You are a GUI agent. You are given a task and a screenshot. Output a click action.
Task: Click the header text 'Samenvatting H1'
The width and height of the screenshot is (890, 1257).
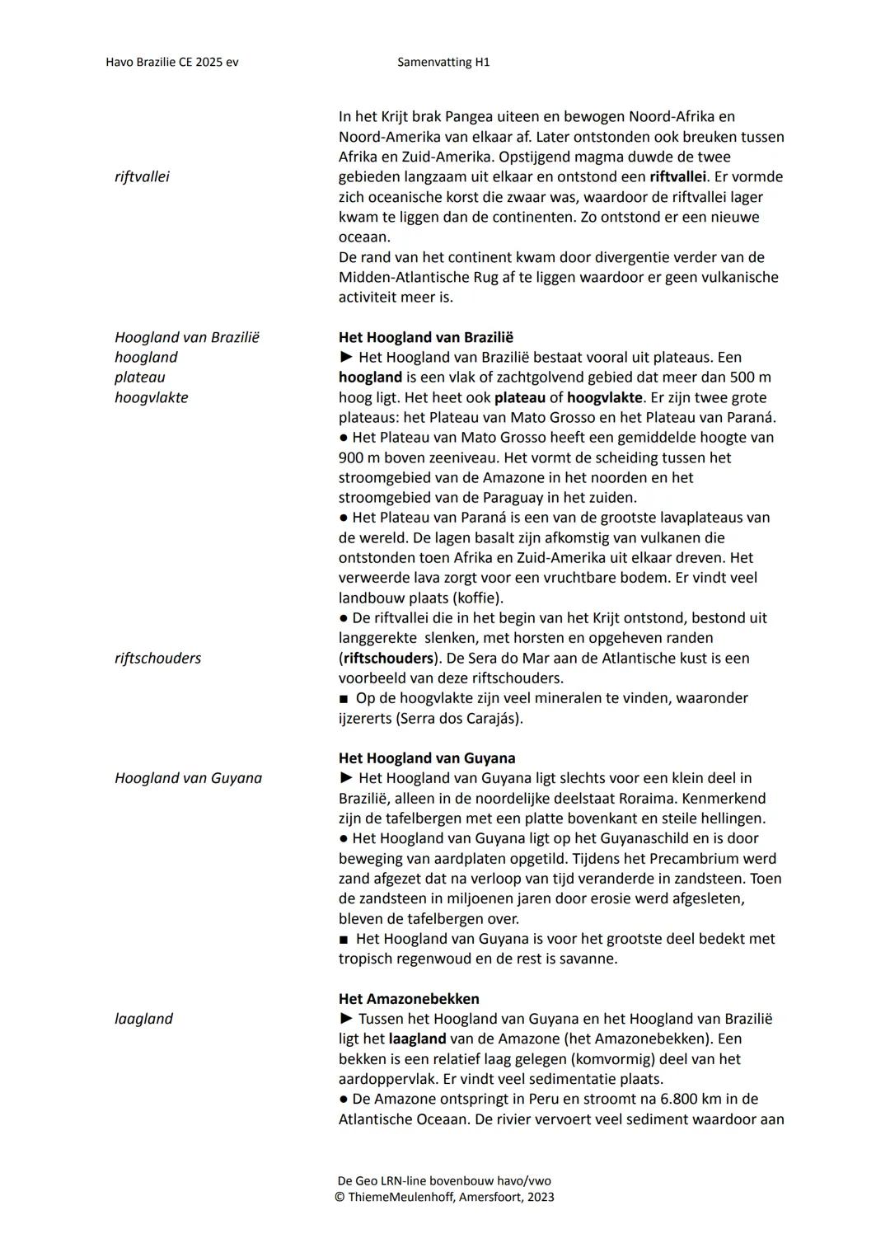[x=443, y=62]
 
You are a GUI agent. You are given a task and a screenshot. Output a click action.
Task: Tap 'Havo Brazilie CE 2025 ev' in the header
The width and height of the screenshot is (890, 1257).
[x=172, y=62]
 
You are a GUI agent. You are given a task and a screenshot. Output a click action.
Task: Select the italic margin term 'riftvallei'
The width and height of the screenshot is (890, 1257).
[x=142, y=177]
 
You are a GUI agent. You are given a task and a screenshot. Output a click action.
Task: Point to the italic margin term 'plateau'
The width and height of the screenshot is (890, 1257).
[x=140, y=378]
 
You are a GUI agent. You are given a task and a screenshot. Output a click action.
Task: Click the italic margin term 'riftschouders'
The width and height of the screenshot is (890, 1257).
[x=157, y=659]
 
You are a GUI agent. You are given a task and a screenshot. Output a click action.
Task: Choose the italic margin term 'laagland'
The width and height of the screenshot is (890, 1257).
[x=143, y=1019]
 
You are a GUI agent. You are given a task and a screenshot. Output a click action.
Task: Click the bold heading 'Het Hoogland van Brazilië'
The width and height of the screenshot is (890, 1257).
[x=425, y=337]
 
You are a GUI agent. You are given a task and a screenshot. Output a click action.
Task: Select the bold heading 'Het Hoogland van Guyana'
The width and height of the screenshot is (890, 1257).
[x=427, y=758]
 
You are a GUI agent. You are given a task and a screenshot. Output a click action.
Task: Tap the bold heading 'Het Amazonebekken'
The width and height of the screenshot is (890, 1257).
[x=408, y=999]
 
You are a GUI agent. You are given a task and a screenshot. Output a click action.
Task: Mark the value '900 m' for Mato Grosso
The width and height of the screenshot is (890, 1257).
[x=356, y=458]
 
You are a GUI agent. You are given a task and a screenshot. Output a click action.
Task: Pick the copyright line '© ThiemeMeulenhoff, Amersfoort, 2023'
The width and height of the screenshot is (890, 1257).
[x=444, y=1197]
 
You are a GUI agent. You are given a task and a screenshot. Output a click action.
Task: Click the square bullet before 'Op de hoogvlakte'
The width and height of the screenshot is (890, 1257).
[x=344, y=699]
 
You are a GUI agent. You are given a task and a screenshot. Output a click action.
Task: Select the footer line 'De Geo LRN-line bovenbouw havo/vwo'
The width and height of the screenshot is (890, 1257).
[x=445, y=1180]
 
